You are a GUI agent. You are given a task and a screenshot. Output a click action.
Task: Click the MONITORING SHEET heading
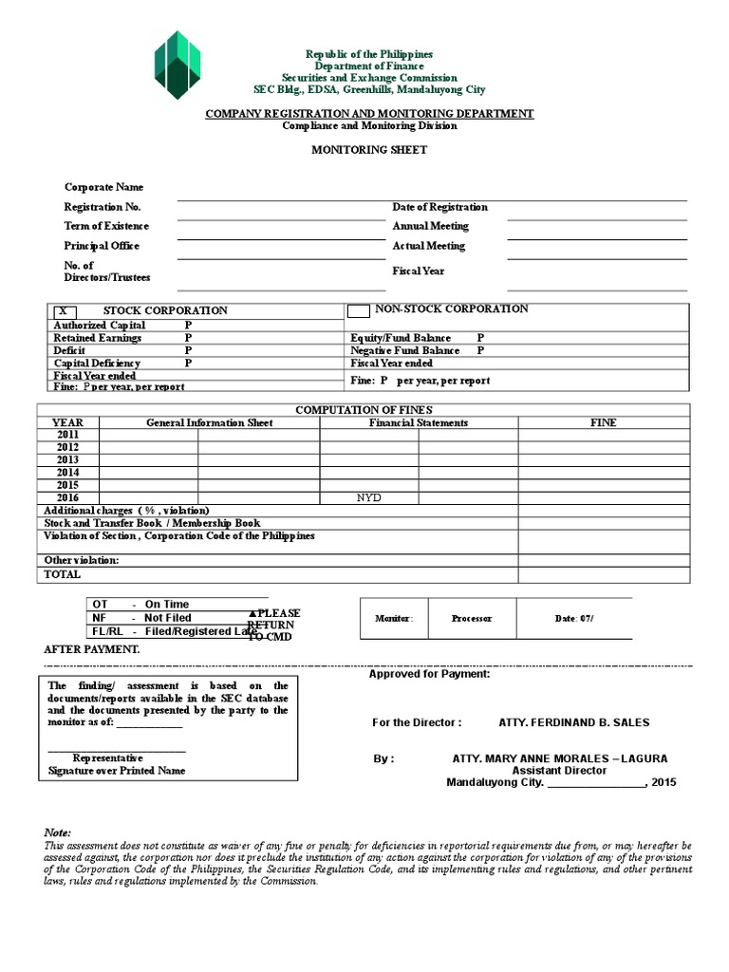click(370, 150)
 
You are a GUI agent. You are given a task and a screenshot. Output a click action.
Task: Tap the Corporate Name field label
click(103, 187)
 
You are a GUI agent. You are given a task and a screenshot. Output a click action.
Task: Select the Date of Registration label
click(440, 207)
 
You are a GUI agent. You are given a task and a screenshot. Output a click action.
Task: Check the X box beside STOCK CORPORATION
click(64, 310)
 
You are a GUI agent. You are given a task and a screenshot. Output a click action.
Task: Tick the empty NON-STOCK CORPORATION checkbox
click(359, 310)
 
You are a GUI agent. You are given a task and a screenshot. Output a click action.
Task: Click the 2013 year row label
click(67, 459)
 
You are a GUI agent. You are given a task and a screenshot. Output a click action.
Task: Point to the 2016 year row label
click(67, 497)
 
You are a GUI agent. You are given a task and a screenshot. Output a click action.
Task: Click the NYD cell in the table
click(368, 497)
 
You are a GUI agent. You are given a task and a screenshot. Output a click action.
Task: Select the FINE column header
click(604, 423)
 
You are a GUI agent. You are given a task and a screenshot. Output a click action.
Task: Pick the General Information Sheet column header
click(209, 423)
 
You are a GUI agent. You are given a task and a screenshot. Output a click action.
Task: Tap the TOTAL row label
click(63, 574)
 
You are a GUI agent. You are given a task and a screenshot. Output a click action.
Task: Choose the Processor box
click(472, 619)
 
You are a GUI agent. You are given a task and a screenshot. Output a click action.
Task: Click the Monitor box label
click(394, 619)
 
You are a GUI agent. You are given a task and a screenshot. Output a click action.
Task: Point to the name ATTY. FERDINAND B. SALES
click(574, 722)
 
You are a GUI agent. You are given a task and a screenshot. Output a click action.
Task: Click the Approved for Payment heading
click(429, 674)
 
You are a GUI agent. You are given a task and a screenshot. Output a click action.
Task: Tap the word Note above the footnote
click(58, 832)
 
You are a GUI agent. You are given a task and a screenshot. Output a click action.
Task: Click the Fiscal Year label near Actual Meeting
click(419, 271)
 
